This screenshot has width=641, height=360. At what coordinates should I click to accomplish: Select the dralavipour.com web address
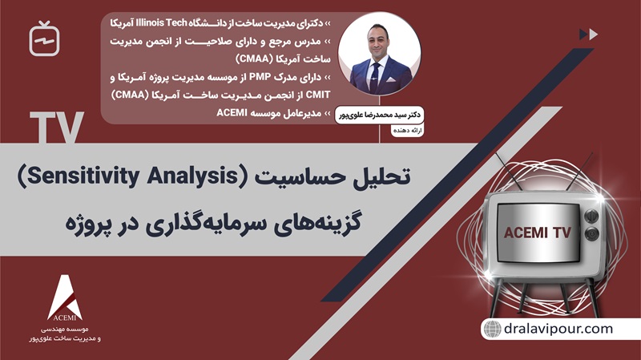[x=559, y=329]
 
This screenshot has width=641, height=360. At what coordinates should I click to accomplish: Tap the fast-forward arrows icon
[x=588, y=34]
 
